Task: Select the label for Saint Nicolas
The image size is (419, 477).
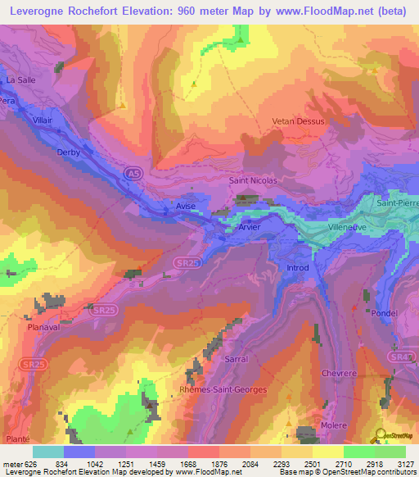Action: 253,180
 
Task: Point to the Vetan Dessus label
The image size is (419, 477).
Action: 298,121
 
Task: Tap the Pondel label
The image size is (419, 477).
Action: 384,312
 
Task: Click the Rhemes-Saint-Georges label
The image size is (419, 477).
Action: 223,389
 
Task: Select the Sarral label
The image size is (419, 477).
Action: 236,359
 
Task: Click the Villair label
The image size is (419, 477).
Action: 43,120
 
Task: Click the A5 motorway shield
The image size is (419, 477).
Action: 132,173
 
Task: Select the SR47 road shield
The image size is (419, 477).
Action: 400,357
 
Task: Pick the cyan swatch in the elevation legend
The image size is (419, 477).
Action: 48,452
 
